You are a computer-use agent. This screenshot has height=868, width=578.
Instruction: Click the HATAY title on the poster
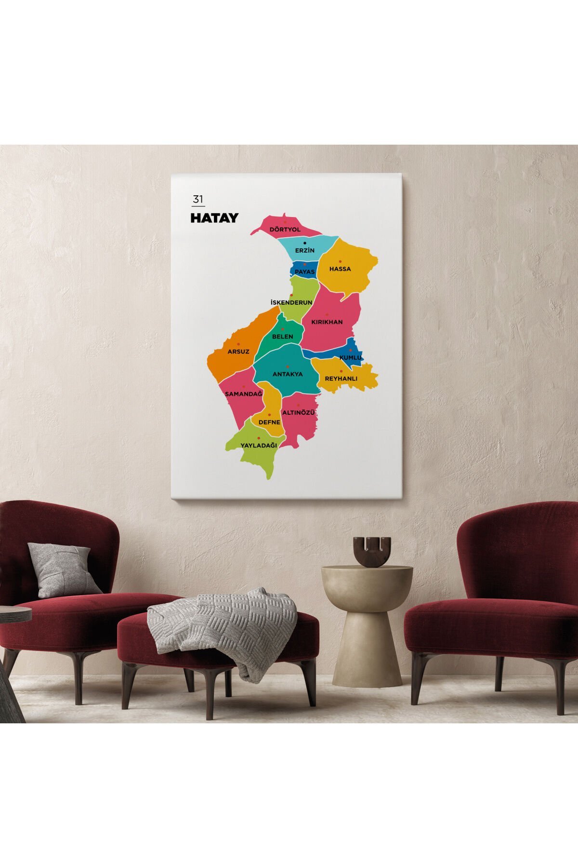[214, 218]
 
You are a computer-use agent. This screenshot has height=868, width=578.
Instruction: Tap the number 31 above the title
[197, 199]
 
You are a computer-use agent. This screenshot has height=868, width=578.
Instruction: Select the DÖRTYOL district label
[285, 230]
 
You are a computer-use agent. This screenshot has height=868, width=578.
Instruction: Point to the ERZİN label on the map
[305, 251]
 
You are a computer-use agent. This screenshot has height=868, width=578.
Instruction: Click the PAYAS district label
[304, 272]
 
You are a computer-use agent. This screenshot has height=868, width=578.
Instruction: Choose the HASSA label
[340, 269]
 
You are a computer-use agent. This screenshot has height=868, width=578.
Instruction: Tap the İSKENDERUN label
[291, 303]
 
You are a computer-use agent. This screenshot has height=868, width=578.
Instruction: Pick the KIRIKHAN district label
[327, 322]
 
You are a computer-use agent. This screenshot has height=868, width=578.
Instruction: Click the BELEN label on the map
[282, 337]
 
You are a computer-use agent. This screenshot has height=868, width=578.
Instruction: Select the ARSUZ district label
[238, 352]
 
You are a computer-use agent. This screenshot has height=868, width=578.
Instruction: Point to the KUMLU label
[350, 358]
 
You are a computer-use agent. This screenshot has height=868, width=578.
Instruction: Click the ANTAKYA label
[288, 374]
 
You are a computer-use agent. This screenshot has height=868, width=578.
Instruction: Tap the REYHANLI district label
[341, 379]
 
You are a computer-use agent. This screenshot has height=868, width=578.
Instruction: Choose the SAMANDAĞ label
[244, 394]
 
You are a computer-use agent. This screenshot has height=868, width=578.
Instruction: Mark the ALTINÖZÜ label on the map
[299, 413]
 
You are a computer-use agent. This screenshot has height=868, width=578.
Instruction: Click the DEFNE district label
[269, 422]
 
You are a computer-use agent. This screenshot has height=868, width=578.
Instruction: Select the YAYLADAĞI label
[259, 446]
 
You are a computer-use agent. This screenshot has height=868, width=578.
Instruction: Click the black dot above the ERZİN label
[304, 244]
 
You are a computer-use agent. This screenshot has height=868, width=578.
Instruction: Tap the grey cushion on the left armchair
[63, 570]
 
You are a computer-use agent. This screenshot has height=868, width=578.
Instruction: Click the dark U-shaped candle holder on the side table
[371, 552]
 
